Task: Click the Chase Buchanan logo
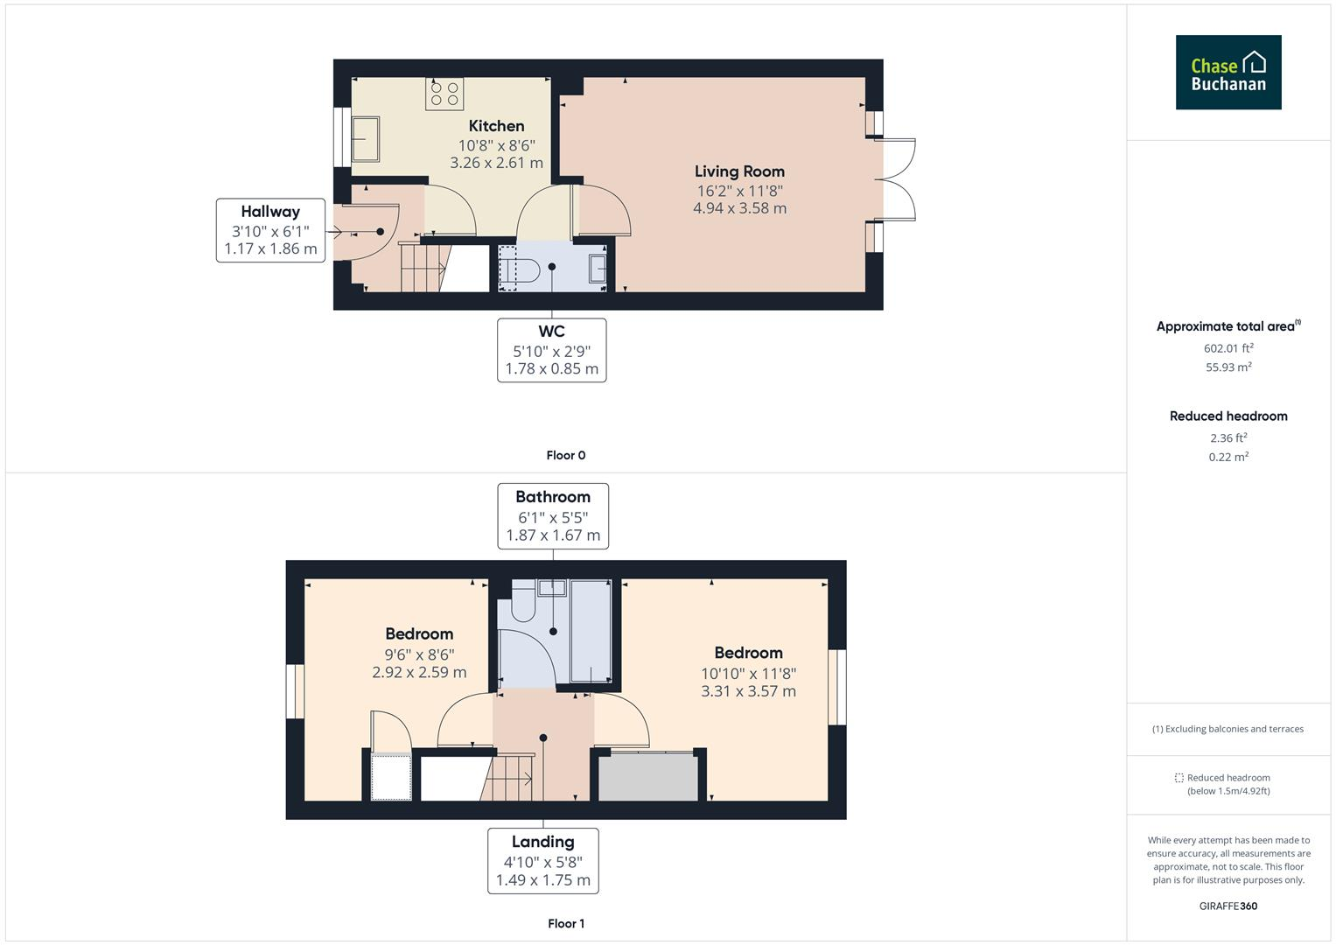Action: tap(1228, 73)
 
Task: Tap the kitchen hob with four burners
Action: tap(444, 94)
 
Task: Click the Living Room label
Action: tap(739, 171)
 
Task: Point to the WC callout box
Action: tap(551, 350)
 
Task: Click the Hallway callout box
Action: tap(270, 230)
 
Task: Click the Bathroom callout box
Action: tap(553, 516)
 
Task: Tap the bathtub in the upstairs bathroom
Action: tap(590, 630)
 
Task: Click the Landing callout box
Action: tap(542, 861)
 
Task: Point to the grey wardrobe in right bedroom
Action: tap(648, 777)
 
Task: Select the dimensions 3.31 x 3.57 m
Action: tap(748, 691)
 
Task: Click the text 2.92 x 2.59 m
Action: tap(419, 673)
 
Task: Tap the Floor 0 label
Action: tap(566, 455)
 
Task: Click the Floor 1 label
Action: tap(566, 923)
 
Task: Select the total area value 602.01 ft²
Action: tap(1228, 348)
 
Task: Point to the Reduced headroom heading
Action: tap(1228, 416)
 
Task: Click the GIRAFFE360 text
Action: tap(1228, 906)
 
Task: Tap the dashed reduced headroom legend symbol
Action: tap(1179, 778)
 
